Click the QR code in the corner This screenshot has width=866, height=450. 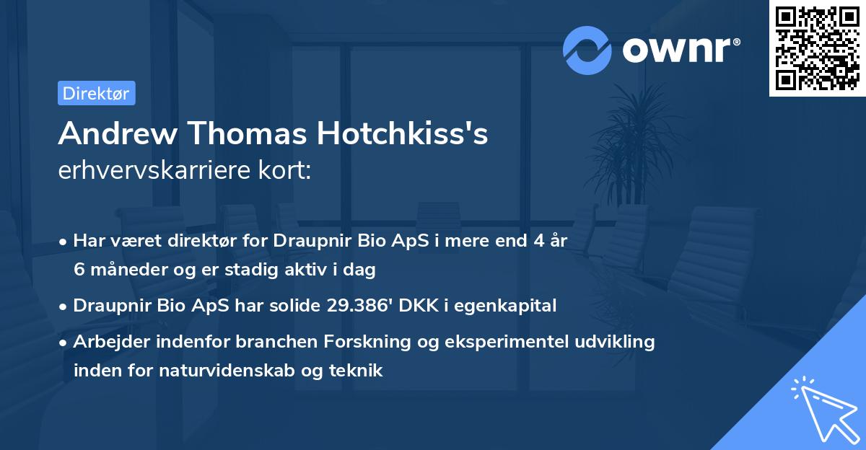816,48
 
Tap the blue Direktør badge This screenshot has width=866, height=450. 96,93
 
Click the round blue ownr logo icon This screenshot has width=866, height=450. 587,50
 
